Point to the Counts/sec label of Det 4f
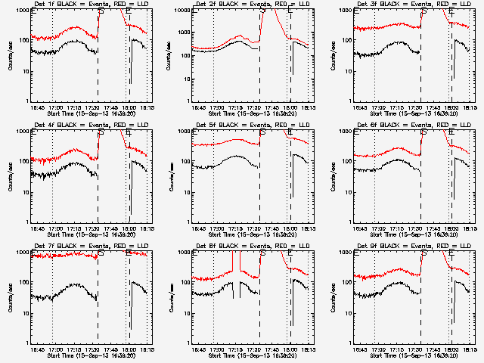click(x=10, y=177)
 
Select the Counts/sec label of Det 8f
click(x=171, y=298)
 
